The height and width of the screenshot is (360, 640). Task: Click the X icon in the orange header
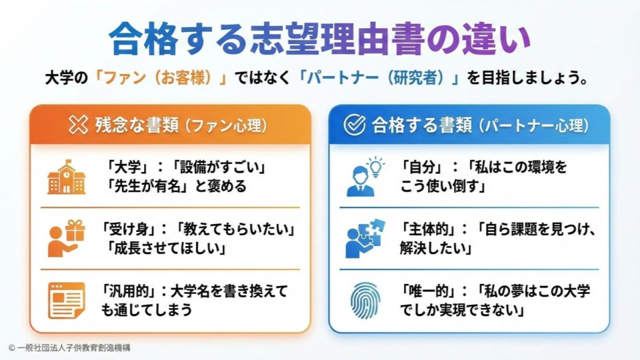coord(79,125)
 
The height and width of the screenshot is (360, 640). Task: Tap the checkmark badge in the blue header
coord(354,125)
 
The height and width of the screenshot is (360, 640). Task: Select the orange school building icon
coord(67,177)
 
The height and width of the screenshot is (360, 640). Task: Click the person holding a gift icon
coord(67,239)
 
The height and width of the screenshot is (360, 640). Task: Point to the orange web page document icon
coord(67,300)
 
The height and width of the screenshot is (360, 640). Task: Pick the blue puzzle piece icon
coord(363,239)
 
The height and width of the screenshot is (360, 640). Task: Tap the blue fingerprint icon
coord(364,300)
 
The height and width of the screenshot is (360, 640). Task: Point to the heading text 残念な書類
coord(137,125)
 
